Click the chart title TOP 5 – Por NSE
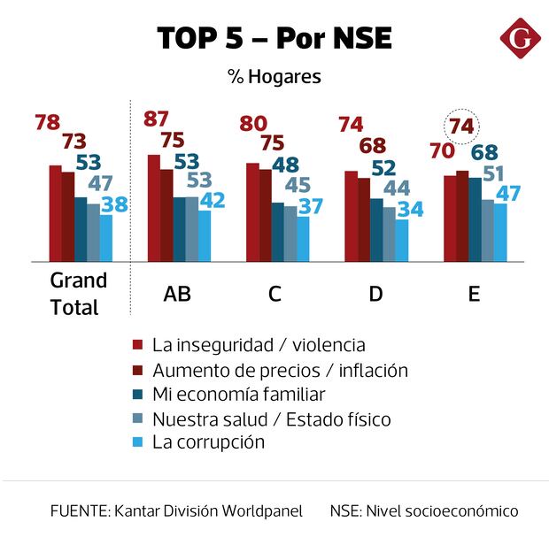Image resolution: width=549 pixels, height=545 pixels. [274, 39]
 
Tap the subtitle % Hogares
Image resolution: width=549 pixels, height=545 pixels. [274, 77]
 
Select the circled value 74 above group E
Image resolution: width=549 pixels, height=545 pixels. [461, 127]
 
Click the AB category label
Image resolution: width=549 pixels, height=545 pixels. [177, 294]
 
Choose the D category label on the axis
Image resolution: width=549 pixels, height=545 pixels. [375, 294]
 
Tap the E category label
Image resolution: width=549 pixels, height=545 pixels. [474, 294]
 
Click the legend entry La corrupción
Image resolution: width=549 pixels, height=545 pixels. [208, 442]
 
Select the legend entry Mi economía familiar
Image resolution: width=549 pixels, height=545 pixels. [239, 394]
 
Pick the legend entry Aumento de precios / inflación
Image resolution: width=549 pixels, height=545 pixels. [280, 370]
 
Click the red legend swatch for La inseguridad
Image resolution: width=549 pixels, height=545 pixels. [137, 345]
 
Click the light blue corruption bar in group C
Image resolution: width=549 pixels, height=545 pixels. [304, 238]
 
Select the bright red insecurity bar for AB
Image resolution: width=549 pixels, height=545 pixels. [154, 208]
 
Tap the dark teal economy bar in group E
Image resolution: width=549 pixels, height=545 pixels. [475, 219]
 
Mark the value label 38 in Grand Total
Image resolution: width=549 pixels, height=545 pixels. [114, 204]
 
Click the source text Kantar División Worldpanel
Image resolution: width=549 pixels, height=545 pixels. [177, 511]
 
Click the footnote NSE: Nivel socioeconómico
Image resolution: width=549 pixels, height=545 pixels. [423, 511]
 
